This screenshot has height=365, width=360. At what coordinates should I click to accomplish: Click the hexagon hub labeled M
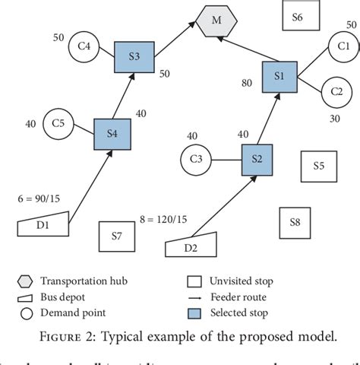click(x=216, y=20)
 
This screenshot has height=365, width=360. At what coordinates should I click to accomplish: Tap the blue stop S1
click(x=279, y=76)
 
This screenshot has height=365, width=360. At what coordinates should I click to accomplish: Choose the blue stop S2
click(x=257, y=159)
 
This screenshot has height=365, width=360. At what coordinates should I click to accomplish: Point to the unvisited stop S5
click(x=318, y=166)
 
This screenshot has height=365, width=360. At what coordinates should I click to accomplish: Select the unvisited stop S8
click(x=295, y=222)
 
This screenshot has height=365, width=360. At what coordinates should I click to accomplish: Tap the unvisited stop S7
click(x=116, y=236)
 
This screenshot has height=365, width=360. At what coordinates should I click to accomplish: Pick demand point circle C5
click(x=58, y=122)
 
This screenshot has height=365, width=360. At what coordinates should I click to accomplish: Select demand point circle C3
click(x=196, y=160)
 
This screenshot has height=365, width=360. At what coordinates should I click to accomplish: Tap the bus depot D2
click(x=190, y=246)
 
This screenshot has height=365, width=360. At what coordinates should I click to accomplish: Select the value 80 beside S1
click(x=247, y=83)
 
